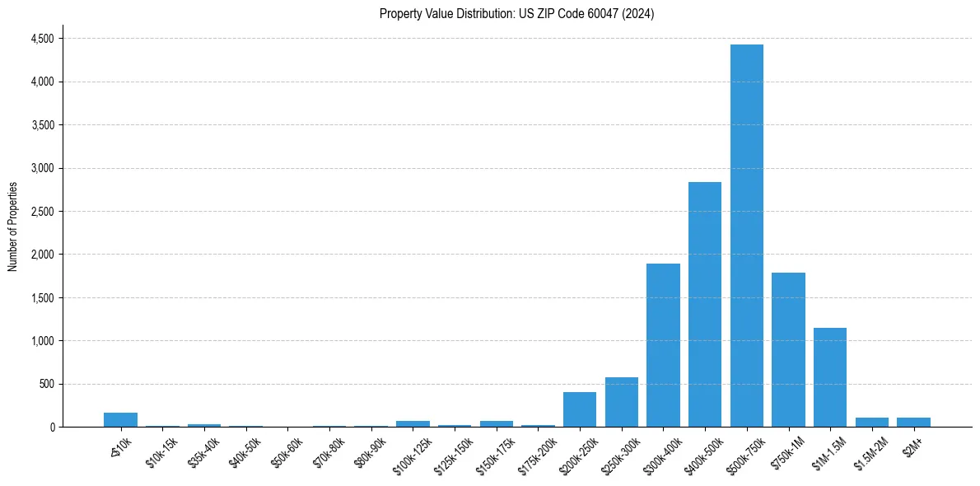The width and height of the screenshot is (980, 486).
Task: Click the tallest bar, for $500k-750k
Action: coord(746,236)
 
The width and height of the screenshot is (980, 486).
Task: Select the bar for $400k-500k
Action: coord(705,305)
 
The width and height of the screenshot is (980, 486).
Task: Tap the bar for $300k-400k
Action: coord(663,345)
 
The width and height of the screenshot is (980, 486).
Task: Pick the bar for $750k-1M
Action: coord(788,349)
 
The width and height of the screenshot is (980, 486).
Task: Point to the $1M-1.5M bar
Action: coord(830,377)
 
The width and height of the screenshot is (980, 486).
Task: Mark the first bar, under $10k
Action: coord(120,419)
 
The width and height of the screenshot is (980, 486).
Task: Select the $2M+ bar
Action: coord(913,422)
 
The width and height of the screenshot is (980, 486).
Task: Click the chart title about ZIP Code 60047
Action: coord(517,14)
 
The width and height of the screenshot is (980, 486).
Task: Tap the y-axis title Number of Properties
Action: coord(13,227)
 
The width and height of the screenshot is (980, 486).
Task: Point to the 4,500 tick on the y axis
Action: coord(42,39)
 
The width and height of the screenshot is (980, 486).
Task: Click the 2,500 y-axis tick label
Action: coord(42,212)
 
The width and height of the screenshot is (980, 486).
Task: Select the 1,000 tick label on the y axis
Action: coord(42,341)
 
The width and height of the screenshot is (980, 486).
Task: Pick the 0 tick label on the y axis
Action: coord(51,428)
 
